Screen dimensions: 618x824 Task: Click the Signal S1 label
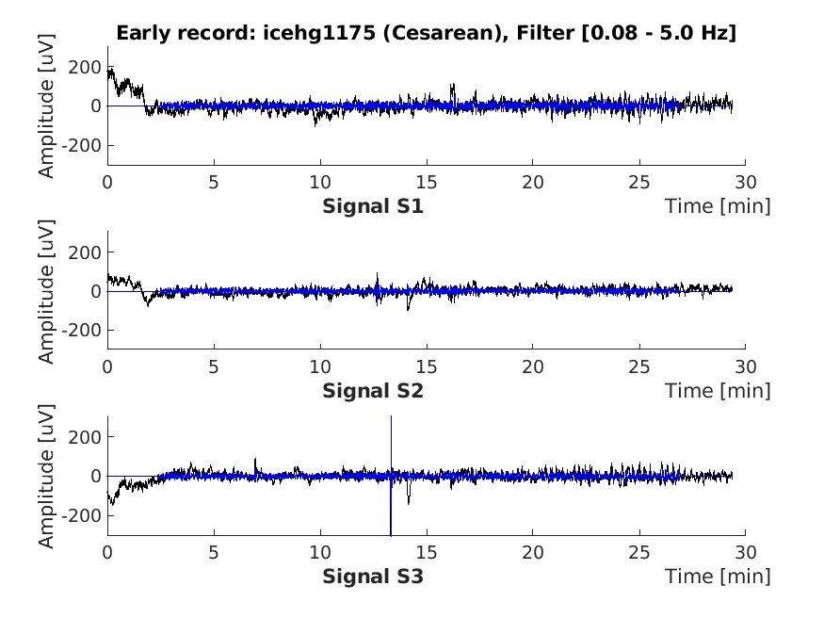373,205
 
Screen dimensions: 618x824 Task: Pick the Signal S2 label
373,390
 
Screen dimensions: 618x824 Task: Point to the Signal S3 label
373,575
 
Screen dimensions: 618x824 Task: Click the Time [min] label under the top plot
718,205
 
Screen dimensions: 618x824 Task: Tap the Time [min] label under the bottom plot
718,575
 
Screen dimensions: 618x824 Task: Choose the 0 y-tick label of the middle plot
96,291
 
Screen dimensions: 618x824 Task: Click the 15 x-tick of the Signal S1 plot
427,182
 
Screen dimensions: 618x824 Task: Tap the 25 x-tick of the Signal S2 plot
639,366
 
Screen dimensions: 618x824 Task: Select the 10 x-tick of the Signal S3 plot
320,551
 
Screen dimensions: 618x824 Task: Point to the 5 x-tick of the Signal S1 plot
214,182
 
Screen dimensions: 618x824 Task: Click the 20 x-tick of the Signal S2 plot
533,366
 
